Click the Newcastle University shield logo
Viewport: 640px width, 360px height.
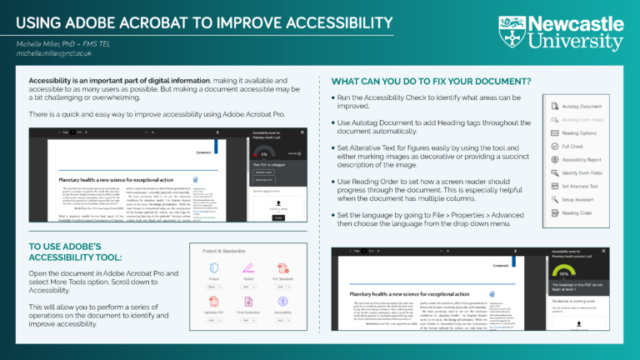click(x=511, y=31)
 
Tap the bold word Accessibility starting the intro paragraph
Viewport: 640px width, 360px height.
click(x=42, y=81)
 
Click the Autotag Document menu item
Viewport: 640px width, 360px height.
click(x=581, y=107)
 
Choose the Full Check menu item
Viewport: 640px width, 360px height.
click(x=572, y=145)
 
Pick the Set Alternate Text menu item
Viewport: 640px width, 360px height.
click(x=582, y=186)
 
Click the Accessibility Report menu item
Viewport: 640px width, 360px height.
click(x=582, y=159)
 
